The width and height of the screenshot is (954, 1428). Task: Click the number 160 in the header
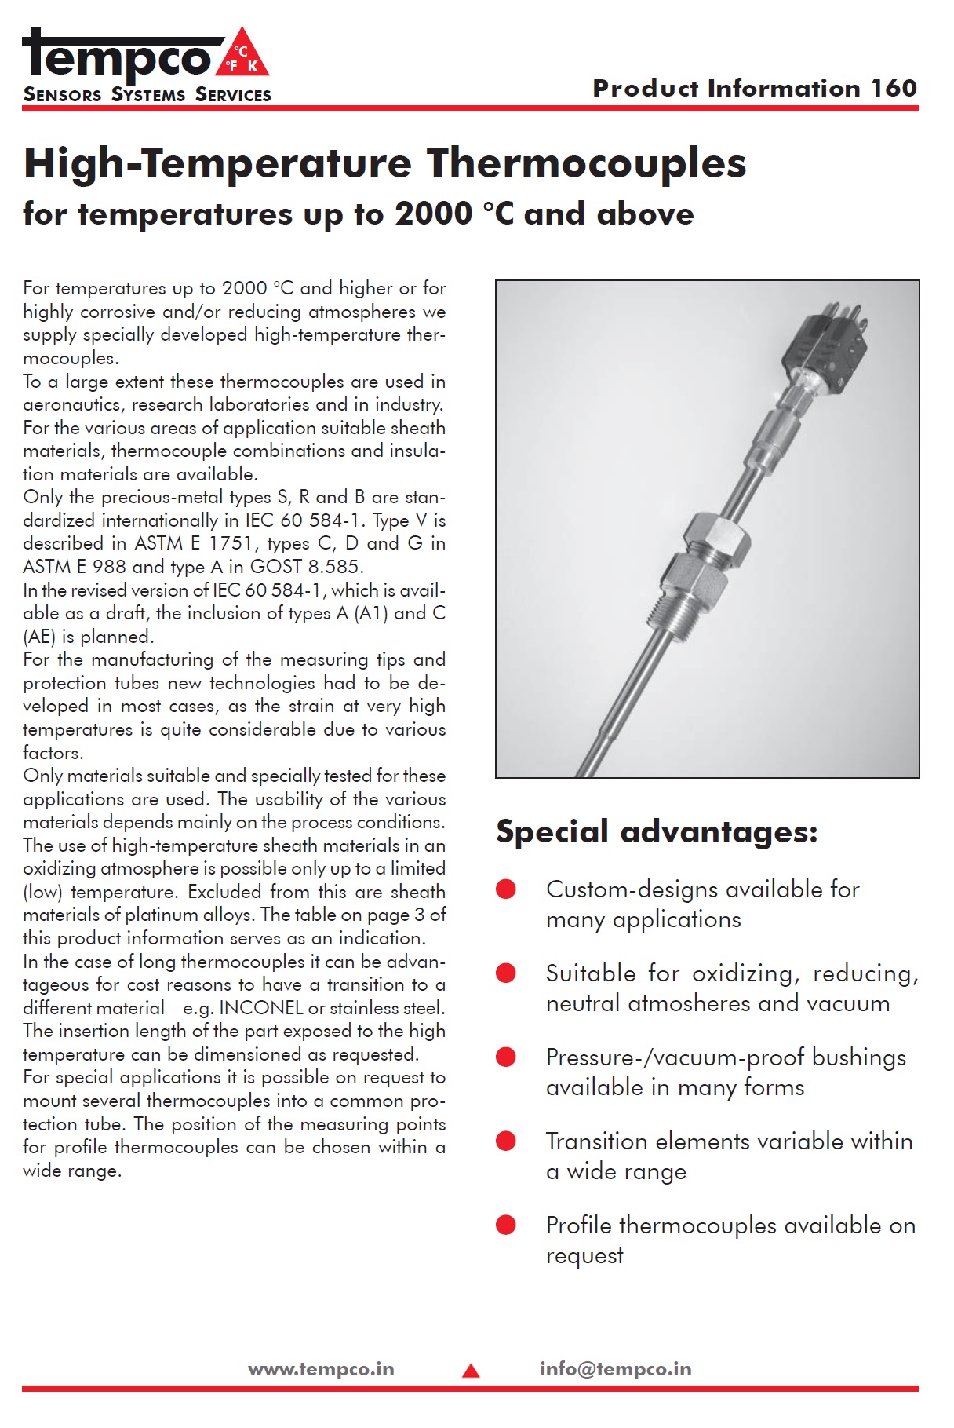893,88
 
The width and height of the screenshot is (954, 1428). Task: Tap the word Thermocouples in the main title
586,163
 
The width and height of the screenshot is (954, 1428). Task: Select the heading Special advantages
657,831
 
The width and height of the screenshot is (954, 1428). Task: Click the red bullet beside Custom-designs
506,889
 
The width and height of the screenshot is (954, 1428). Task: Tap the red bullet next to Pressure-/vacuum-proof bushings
506,1057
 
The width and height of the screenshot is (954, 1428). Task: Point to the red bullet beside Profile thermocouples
506,1225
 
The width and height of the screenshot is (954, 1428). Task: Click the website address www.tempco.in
321,1369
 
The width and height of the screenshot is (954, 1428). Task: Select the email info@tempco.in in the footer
615,1369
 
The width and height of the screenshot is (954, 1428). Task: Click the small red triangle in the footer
471,1371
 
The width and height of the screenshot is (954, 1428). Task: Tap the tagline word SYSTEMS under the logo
148,95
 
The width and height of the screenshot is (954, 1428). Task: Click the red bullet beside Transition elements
506,1141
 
